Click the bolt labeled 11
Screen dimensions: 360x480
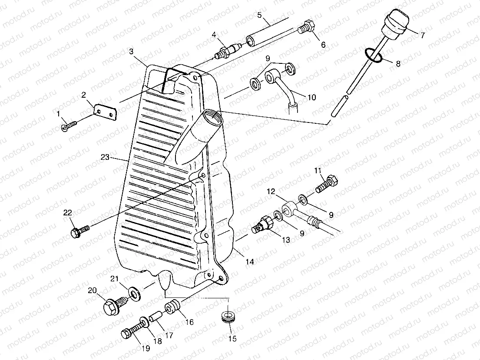[327, 183]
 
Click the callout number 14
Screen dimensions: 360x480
[250, 262]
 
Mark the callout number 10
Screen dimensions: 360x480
[311, 97]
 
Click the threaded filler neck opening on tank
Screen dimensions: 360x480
[210, 116]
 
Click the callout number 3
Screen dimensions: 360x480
[131, 52]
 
